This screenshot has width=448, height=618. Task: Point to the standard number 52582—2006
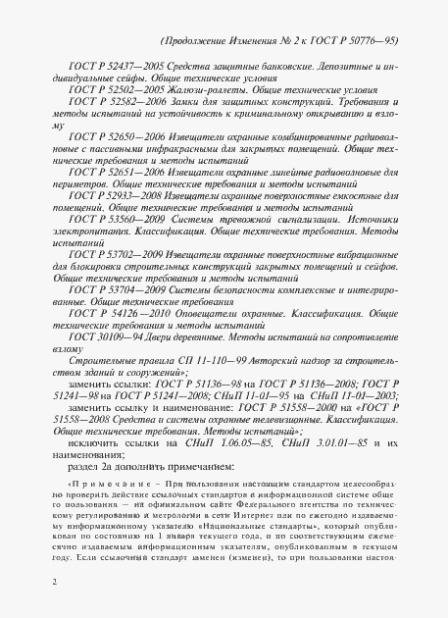(124, 102)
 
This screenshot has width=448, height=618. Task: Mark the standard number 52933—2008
(124, 197)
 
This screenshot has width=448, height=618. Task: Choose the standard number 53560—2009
(125, 221)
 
